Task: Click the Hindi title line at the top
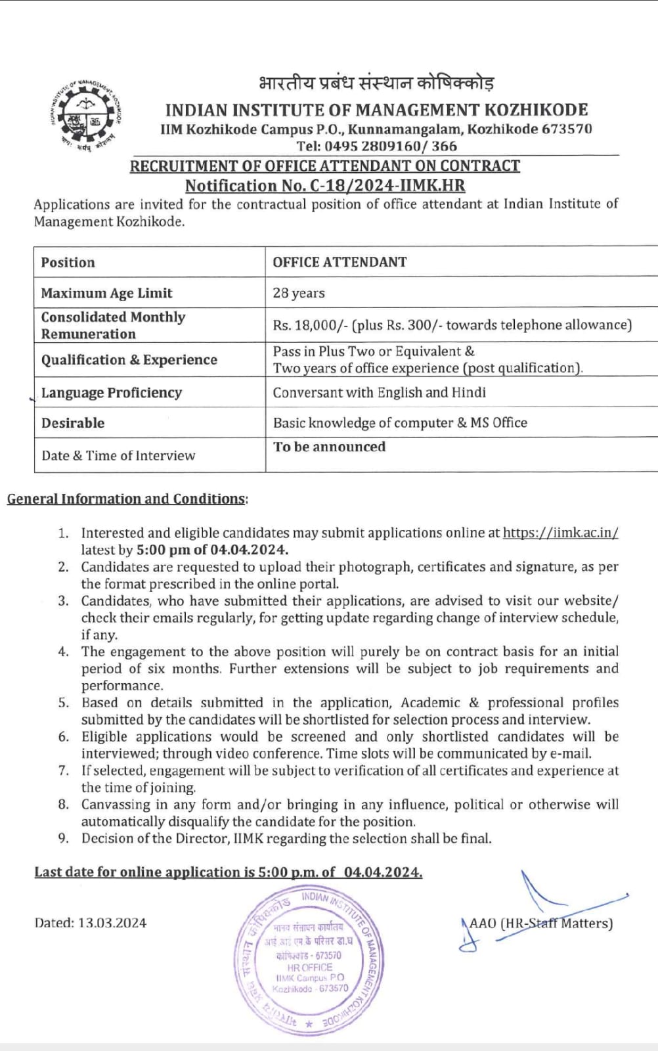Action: pos(376,84)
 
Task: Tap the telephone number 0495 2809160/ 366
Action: pos(376,146)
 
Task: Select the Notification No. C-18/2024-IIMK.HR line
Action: pos(324,186)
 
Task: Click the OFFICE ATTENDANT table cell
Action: pos(340,262)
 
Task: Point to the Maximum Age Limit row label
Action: pos(106,293)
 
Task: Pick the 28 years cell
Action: pos(299,293)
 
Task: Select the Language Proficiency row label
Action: pos(112,393)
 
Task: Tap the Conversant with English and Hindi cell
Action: pos(380,393)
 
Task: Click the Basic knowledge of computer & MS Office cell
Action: pos(400,423)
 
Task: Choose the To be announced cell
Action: pos(330,447)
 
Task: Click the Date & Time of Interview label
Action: pos(118,456)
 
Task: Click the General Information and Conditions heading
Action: pos(127,499)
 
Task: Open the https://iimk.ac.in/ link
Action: pos(560,533)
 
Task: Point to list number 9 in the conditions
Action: pos(64,838)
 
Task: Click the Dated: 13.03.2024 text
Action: pos(91,923)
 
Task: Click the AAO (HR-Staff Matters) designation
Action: pos(541,923)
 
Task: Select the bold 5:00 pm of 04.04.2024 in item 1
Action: pos(212,550)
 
